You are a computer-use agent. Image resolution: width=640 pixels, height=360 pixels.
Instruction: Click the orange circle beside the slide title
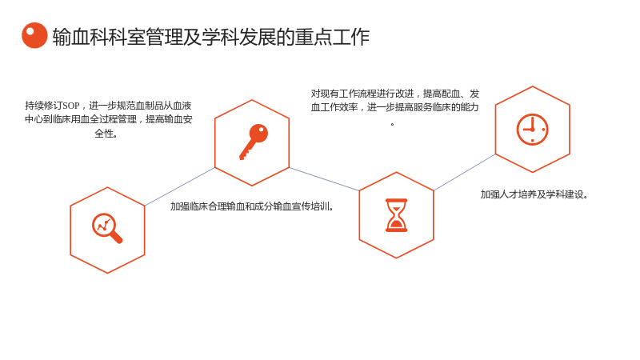34,35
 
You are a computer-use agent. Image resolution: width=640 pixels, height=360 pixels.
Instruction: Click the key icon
254,142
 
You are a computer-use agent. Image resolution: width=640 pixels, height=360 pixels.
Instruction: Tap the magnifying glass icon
107,228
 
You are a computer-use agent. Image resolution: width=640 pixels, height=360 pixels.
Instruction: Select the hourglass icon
396,215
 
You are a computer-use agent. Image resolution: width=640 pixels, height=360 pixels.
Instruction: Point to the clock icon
532,130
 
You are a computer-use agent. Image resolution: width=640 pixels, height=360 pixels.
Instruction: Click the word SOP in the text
71,106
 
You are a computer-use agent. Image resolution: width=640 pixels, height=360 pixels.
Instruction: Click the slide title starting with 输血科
211,37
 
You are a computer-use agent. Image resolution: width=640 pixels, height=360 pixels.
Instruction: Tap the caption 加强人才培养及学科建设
534,194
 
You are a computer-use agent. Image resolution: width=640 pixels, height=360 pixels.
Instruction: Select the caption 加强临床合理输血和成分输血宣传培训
252,206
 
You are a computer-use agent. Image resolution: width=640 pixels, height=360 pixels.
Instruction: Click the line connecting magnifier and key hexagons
179,186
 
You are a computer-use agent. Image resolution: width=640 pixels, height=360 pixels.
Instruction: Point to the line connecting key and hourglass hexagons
324,178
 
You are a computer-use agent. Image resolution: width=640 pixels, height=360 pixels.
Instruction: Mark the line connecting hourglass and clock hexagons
465,172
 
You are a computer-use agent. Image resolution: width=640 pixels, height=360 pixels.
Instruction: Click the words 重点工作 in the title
332,37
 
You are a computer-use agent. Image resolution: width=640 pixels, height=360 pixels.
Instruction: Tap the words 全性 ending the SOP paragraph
106,134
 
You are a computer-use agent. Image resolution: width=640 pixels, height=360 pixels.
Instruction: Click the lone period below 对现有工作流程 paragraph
392,124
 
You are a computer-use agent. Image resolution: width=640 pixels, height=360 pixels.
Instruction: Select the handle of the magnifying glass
116,237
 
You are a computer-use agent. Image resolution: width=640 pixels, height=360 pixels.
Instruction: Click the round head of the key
258,133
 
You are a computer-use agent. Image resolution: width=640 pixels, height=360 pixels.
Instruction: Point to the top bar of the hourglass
396,200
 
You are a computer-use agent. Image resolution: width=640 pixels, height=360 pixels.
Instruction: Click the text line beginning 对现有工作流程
395,94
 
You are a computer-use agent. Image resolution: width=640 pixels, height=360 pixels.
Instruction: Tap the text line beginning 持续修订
108,106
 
